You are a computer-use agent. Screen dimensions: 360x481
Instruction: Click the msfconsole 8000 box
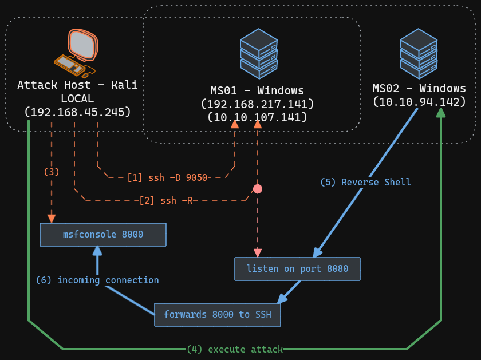pos(103,235)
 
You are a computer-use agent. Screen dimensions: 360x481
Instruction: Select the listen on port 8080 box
pos(297,269)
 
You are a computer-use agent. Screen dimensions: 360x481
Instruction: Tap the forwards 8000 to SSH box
pos(218,314)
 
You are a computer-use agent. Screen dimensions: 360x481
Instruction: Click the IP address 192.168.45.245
pos(78,112)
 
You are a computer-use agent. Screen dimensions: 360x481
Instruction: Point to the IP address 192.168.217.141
pos(257,104)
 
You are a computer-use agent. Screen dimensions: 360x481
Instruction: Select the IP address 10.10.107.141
pos(257,117)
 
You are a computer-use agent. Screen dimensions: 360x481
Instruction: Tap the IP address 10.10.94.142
pos(419,102)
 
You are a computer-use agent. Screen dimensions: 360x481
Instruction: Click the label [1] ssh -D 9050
pos(167,177)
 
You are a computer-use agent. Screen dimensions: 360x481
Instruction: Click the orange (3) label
pos(52,171)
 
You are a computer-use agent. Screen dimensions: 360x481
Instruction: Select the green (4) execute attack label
pos(235,349)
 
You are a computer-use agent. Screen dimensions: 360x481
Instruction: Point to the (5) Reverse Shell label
pos(365,182)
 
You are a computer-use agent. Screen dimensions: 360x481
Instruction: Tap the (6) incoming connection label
pos(97,280)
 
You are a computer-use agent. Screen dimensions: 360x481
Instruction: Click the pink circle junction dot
pos(258,189)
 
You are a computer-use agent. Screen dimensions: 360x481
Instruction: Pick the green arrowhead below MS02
pos(441,112)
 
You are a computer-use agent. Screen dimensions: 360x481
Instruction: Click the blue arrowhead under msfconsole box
pos(97,251)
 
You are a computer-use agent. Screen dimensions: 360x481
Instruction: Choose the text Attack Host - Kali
pos(78,85)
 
